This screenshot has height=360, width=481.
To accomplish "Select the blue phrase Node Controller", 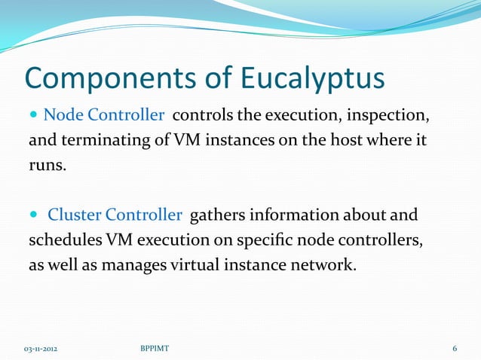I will (104, 115).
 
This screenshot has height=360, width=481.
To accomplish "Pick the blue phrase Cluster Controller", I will (115, 215).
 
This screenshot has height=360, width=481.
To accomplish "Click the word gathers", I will (216, 215).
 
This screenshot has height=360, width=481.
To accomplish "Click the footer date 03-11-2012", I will (40, 349).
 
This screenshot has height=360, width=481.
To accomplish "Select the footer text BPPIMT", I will (155, 349).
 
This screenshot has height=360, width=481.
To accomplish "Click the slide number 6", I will (455, 349).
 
